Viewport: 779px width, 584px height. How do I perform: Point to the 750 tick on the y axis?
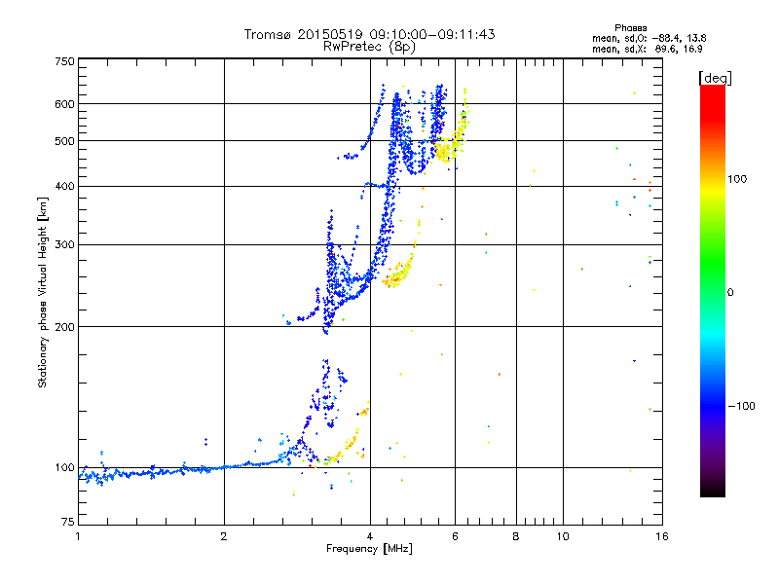(64, 61)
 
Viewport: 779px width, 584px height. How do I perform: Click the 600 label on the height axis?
(64, 103)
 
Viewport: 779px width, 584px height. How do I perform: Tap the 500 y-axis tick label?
(64, 140)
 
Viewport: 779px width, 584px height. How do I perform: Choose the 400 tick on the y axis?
(64, 186)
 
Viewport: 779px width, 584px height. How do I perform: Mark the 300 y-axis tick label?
(64, 244)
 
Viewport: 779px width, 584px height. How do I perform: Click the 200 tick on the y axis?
(64, 326)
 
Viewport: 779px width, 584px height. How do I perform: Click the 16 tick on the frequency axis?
(660, 536)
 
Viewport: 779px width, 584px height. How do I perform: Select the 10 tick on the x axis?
(562, 536)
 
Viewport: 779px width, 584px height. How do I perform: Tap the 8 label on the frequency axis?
(516, 536)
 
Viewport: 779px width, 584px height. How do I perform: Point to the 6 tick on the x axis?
(455, 536)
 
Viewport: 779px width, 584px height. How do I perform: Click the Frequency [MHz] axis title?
(369, 550)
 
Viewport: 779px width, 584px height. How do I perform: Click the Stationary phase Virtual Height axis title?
(43, 292)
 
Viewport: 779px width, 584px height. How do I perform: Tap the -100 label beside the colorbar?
(743, 406)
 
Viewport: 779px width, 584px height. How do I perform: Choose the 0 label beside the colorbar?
(730, 292)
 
